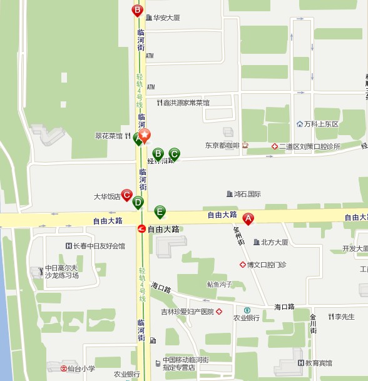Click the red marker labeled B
pos(137,10)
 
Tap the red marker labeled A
pos(248,218)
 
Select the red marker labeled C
pos(126,195)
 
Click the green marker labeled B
pos(158,153)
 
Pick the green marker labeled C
pos(174,153)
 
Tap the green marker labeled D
pos(138,202)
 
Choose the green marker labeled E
pos(160,211)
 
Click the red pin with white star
pos(145,136)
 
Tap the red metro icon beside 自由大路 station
pos(142,229)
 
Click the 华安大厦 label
pos(166,18)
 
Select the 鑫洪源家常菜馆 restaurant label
pos(186,103)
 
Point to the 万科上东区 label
pos(321,124)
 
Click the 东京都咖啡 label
pos(222,146)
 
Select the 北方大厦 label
pos(274,242)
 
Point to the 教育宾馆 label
pos(319,363)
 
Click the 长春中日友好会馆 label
pos(99,246)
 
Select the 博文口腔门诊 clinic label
pos(266,265)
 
